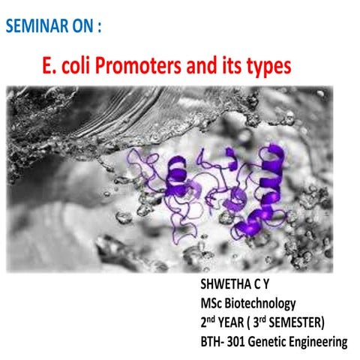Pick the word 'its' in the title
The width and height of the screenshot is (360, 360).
(225, 67)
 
